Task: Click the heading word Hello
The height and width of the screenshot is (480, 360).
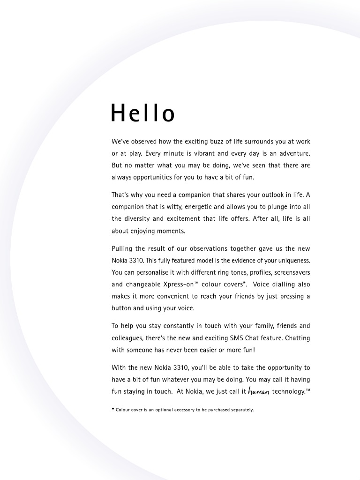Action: point(143,113)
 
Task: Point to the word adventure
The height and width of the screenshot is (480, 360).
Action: point(292,153)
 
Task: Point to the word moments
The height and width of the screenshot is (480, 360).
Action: point(172,231)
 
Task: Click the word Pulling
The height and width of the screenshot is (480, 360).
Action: point(123,248)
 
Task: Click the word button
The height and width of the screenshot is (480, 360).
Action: point(121,308)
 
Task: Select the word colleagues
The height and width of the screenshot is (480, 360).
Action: point(127,338)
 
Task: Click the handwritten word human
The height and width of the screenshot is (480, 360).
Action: point(259,392)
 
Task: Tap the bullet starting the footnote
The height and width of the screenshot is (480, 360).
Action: point(113,409)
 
